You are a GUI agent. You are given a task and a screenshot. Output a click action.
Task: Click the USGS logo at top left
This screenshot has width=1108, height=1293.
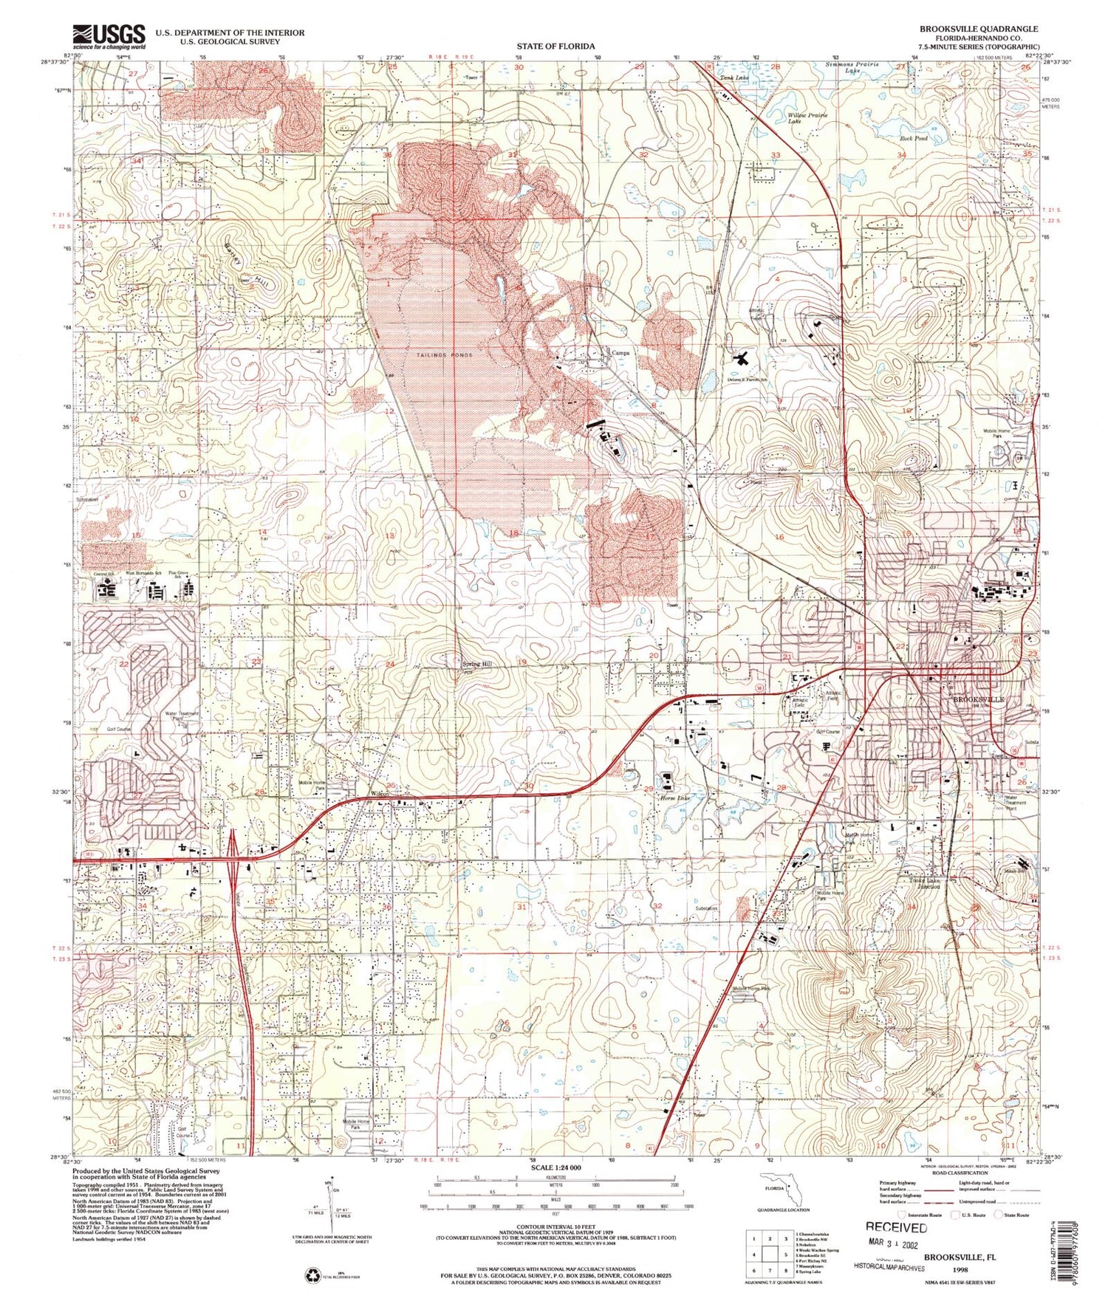[109, 36]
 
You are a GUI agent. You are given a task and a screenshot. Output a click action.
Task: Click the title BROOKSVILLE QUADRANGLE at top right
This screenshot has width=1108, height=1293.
[978, 29]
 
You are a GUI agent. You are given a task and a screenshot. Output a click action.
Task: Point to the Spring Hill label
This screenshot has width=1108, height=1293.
[476, 664]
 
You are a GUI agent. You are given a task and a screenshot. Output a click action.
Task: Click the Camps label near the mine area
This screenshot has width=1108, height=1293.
[620, 353]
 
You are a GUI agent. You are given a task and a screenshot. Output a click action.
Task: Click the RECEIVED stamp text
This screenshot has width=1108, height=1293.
[896, 1227]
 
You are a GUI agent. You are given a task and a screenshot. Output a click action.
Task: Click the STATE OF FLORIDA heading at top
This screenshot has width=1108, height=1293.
[555, 46]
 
